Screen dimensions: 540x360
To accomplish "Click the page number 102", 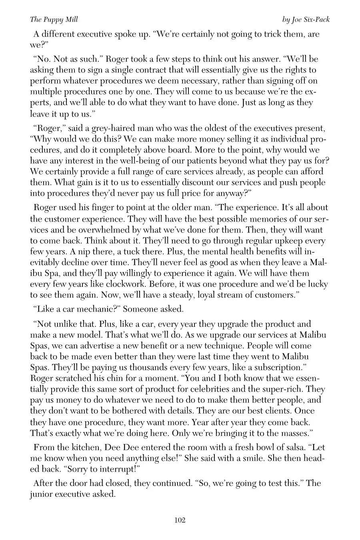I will [180, 520].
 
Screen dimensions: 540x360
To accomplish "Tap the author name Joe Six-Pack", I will [310, 20].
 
